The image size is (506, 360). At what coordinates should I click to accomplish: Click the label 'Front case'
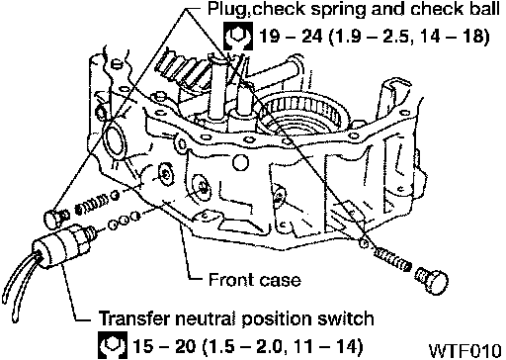[x=255, y=280]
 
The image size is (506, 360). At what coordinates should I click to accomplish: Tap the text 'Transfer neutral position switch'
[x=236, y=318]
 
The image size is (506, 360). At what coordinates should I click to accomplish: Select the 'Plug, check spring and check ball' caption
[x=354, y=9]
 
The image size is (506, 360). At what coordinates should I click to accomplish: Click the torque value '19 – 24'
[x=291, y=36]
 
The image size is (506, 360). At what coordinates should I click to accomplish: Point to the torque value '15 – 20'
[x=164, y=346]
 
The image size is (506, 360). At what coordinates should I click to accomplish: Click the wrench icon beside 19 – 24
[x=238, y=36]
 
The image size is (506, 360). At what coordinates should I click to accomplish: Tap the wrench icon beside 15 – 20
[x=112, y=345]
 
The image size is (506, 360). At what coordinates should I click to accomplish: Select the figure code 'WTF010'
[x=465, y=350]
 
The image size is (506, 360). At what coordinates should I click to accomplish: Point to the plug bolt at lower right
[x=432, y=281]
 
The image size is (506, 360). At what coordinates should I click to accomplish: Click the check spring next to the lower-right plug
[x=392, y=259]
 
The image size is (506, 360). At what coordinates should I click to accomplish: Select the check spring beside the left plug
[x=92, y=207]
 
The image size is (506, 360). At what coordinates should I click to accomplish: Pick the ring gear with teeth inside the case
[x=303, y=111]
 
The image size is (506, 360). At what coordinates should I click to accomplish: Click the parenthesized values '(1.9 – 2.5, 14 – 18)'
[x=408, y=36]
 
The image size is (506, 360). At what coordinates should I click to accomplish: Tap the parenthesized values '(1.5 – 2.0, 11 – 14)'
[x=283, y=346]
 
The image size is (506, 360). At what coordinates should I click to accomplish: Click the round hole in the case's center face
[x=240, y=162]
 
